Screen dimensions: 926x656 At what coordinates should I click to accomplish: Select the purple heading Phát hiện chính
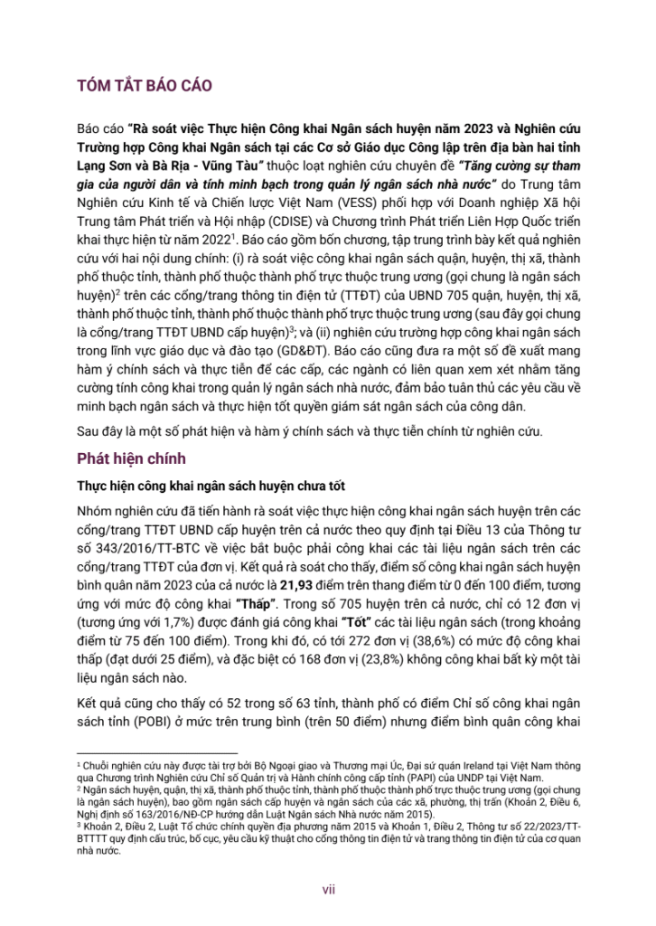click(134, 458)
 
